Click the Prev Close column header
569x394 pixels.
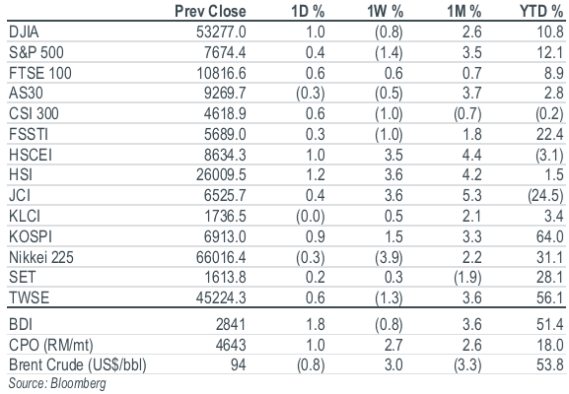click(210, 11)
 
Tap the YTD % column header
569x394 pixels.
click(541, 11)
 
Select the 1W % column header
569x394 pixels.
click(385, 11)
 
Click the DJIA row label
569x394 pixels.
click(24, 32)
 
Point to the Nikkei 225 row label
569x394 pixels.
click(41, 257)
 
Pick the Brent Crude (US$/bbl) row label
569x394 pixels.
click(78, 364)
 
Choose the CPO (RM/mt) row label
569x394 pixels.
click(51, 345)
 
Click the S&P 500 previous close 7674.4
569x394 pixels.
click(225, 52)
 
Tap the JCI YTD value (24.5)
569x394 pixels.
click(545, 196)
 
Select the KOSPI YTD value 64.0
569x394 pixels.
click(550, 236)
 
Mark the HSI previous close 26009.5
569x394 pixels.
click(221, 175)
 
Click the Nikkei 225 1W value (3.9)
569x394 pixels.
click(389, 258)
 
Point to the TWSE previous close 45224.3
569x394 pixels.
click(221, 297)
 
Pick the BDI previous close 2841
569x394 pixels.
click(231, 324)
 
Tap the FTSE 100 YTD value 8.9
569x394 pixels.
click(554, 73)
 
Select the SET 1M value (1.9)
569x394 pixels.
click(467, 278)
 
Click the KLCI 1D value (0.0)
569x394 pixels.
click(311, 217)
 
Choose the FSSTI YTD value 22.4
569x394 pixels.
click(550, 135)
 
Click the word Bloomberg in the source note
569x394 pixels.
click(78, 384)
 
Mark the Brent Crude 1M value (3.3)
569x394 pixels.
click(467, 365)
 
